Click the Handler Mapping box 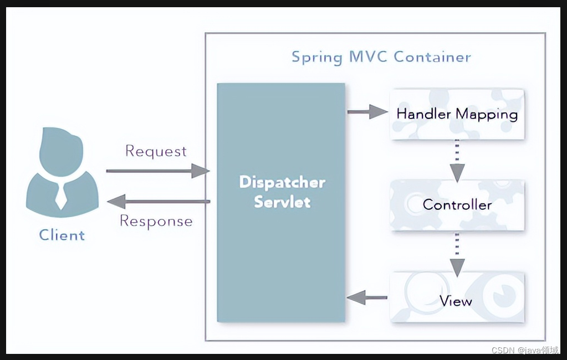[x=457, y=114]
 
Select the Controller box [x=457, y=204]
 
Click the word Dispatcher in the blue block [x=282, y=182]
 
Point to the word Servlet [x=282, y=202]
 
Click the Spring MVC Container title [x=381, y=57]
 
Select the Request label [x=156, y=151]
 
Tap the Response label [x=156, y=221]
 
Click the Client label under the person [x=62, y=235]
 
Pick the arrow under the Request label [x=157, y=171]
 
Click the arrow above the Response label [x=157, y=201]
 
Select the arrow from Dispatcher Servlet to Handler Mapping [x=367, y=112]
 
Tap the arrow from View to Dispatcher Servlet [x=367, y=298]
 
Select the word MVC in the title [x=369, y=56]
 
